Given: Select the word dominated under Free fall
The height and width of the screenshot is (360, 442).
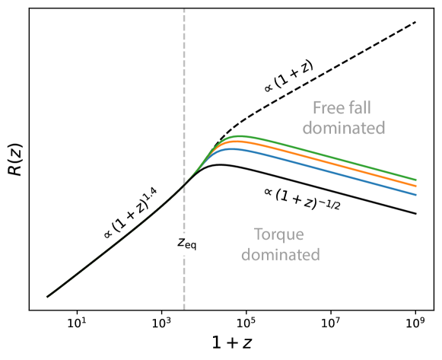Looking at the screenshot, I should (x=344, y=127).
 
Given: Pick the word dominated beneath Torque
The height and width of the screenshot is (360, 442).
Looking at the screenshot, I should (x=281, y=254).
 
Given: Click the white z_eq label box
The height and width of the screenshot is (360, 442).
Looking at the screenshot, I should (x=188, y=243).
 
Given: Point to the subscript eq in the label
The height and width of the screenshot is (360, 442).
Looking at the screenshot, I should (x=192, y=245).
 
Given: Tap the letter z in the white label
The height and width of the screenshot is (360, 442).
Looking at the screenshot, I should (x=182, y=242).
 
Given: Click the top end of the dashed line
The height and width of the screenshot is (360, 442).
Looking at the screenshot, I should (x=184, y=10).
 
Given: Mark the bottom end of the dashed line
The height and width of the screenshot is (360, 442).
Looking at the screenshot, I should (x=184, y=308).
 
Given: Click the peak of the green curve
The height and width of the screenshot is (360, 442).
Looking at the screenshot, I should (x=240, y=136).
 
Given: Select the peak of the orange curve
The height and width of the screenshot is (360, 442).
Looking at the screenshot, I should (x=237, y=142).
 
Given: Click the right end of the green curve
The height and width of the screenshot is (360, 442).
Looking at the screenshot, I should (x=416, y=180).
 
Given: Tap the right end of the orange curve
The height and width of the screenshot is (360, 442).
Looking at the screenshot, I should (x=416, y=187).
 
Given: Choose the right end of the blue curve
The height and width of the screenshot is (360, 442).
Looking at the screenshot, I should (x=416, y=195).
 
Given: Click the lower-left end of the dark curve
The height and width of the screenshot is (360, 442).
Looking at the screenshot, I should (x=47, y=296).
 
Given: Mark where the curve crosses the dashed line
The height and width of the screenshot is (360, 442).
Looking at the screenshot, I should (x=184, y=184).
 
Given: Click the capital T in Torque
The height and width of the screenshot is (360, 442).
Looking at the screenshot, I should (x=258, y=234).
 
